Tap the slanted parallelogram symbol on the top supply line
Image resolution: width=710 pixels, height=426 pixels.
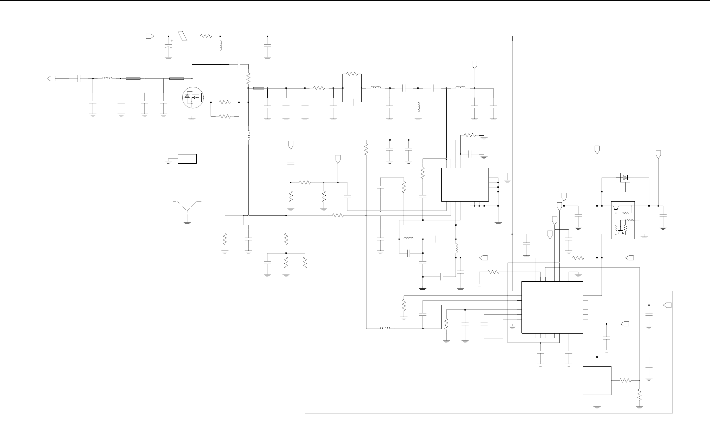point(182,36)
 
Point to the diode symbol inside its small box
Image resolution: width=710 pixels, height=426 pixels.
point(625,178)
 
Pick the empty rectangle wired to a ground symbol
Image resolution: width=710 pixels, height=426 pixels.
point(187,159)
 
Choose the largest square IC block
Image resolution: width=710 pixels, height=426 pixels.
point(552,307)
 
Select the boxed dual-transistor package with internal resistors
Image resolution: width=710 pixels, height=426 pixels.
point(623,220)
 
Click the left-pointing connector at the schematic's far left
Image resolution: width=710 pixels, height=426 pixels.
point(51,79)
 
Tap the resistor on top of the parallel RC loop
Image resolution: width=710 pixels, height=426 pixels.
point(352,74)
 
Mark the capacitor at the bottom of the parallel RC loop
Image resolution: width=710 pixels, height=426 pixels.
point(352,102)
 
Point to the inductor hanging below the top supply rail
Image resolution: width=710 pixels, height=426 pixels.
point(220,45)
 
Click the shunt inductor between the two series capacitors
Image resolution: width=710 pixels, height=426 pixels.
point(418,107)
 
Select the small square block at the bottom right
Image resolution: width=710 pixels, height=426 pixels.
point(597,380)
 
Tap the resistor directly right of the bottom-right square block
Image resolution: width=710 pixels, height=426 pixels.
point(625,380)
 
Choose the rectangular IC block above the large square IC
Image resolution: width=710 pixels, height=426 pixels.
point(465,184)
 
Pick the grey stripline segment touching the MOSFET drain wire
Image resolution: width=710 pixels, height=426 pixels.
point(176,79)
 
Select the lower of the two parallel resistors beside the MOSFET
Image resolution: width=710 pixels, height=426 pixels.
point(225,116)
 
